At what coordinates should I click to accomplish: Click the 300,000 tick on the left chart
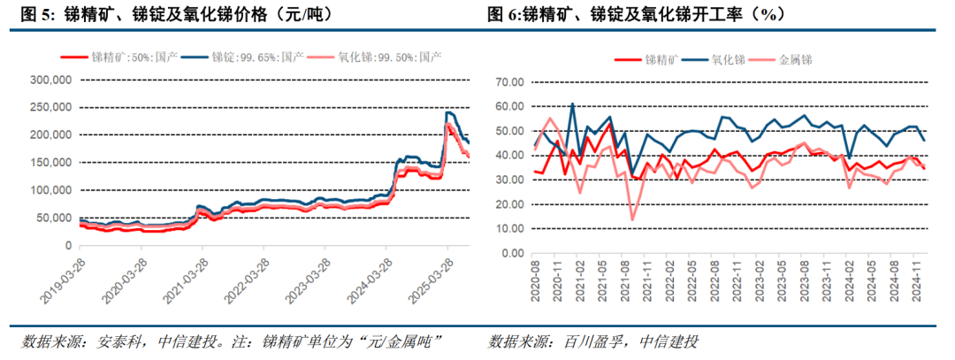point(50,80)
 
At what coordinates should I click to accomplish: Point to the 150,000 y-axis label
point(50,163)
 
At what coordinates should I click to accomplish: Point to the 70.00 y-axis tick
point(512,82)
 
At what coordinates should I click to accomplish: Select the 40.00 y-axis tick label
point(512,156)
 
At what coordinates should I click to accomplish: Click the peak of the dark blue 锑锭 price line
point(447,112)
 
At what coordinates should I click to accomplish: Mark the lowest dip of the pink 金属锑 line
point(632,219)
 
